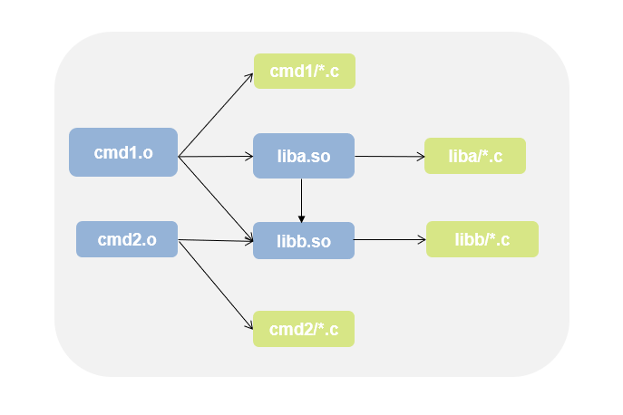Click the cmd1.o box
(123, 152)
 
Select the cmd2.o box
(127, 239)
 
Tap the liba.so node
(303, 156)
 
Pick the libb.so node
(303, 241)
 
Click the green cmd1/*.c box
(304, 72)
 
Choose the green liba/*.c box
(475, 156)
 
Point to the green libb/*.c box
(482, 239)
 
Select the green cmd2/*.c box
(304, 329)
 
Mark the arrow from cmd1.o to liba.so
(216, 157)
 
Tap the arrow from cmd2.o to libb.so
(216, 241)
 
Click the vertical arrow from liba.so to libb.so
(301, 199)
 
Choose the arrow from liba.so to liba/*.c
(390, 157)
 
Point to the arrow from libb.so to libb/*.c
(390, 240)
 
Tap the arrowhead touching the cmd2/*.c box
(248, 324)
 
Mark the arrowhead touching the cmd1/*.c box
(249, 75)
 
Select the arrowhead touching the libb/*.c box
(422, 240)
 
